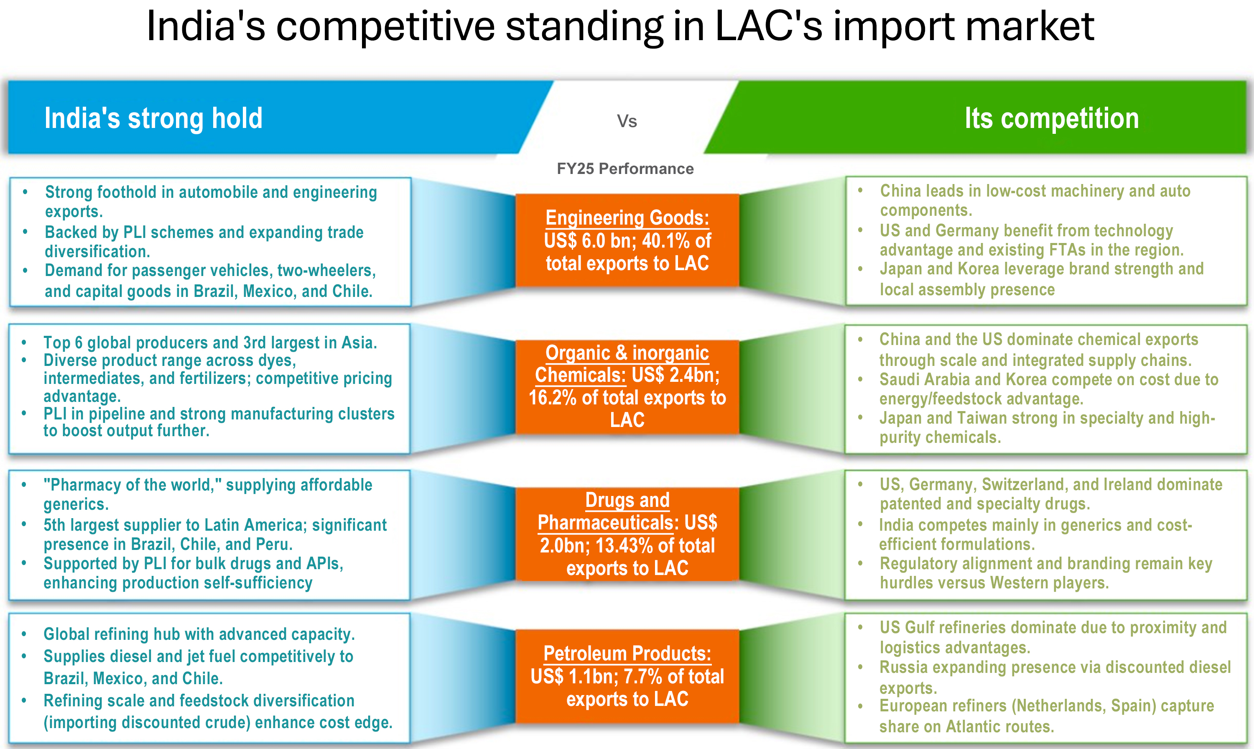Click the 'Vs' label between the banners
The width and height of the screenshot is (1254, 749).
(627, 121)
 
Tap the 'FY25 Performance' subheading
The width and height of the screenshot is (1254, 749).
(625, 169)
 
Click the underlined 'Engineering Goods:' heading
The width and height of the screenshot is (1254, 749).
(627, 218)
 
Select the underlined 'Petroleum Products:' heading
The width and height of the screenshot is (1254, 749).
(627, 654)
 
